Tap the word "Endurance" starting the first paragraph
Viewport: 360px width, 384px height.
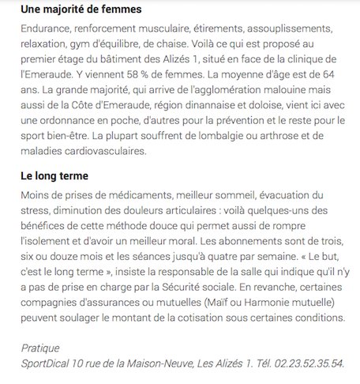(x=41, y=28)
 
